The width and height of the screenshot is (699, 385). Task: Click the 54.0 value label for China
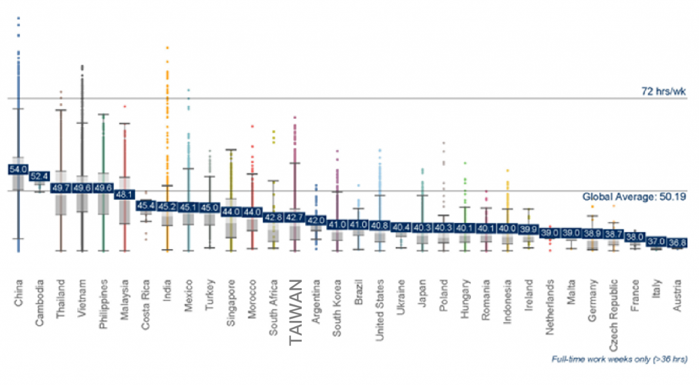[17, 169]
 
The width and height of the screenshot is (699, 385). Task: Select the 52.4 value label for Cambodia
[40, 176]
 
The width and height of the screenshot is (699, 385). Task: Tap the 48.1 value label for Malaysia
[124, 194]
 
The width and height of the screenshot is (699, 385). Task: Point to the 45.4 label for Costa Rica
[145, 204]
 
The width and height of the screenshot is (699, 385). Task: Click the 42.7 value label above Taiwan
[295, 217]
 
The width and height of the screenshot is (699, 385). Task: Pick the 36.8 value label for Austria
[677, 242]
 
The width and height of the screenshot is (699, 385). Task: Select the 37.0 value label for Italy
[656, 242]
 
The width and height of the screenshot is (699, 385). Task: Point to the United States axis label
[380, 308]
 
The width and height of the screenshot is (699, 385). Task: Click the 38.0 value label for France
[635, 237]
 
